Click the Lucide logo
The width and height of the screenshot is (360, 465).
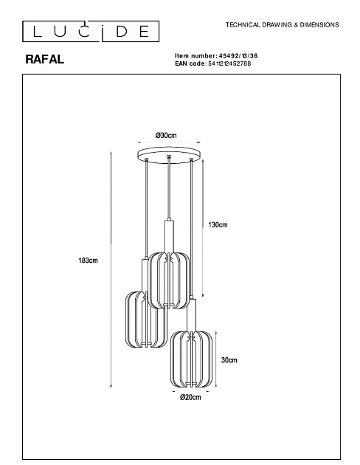[x=91, y=31]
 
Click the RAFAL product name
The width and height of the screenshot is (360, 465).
[x=44, y=59]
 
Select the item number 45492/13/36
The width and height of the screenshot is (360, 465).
[x=238, y=56]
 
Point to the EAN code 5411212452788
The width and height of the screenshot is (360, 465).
[x=229, y=63]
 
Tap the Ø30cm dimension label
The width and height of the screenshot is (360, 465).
[x=166, y=136]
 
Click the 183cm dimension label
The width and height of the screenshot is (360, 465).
[x=88, y=261]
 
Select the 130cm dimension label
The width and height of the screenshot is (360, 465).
[x=218, y=225]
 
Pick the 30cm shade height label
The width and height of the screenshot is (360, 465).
[x=229, y=360]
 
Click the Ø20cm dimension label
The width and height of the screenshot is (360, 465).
[x=190, y=397]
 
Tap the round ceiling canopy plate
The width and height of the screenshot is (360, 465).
[x=169, y=155]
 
